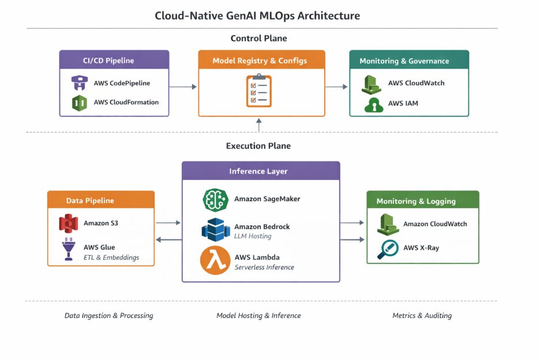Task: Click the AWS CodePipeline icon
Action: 78,82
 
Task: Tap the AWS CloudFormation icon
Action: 78,103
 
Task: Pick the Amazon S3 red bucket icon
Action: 68,223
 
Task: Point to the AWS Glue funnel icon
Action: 68,249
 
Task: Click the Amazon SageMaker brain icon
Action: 215,199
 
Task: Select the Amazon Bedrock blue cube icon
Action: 215,230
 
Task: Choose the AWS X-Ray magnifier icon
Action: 388,249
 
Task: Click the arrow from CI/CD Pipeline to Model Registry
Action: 183,87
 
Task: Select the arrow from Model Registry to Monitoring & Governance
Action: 337,87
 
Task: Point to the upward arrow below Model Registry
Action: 258,124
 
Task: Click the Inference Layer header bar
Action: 261,171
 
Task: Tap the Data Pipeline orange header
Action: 101,200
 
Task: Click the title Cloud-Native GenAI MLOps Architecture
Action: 257,16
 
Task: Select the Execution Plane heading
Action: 258,146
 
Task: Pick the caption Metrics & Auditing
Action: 422,316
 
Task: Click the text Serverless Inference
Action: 264,267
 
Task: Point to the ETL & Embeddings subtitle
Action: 111,257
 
